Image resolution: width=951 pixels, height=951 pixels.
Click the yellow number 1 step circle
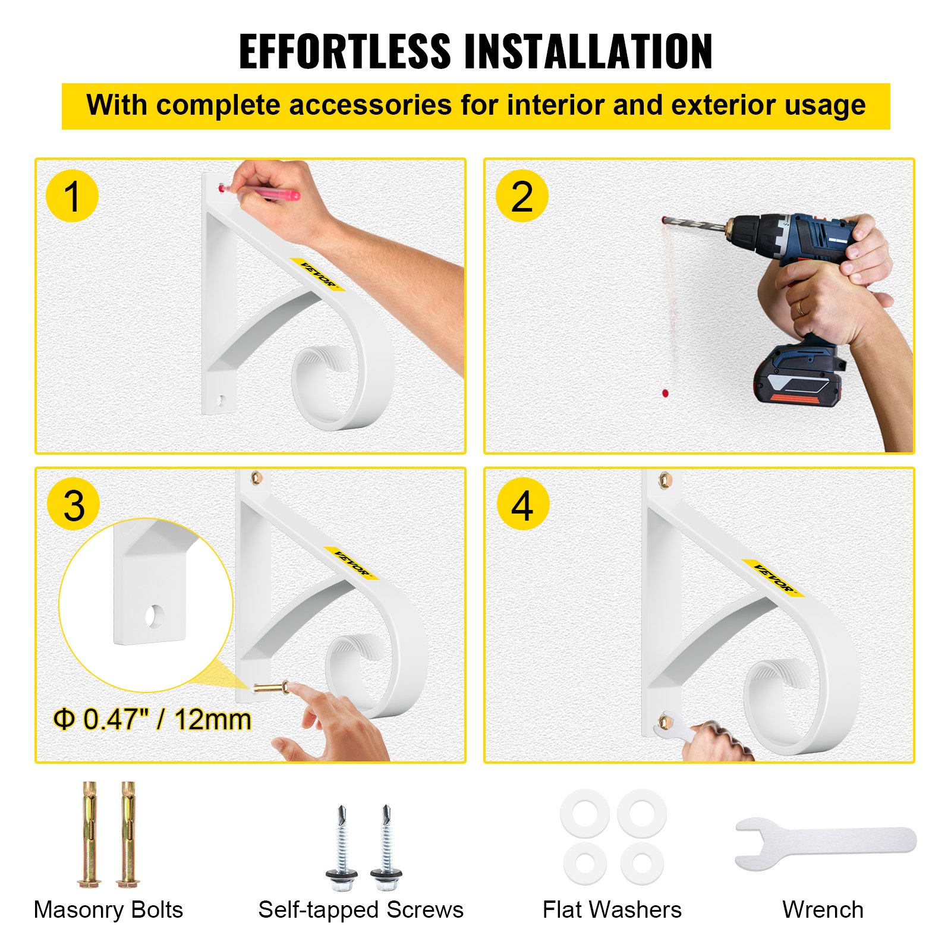[x=72, y=196]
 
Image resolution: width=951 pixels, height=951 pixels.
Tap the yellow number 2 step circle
[x=522, y=196]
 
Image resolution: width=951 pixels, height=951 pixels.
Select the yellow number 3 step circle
[x=74, y=505]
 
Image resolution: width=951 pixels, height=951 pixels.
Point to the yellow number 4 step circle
[x=523, y=505]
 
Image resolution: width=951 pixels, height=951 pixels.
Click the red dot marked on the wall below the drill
[x=665, y=393]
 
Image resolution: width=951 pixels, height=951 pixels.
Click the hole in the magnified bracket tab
[x=155, y=616]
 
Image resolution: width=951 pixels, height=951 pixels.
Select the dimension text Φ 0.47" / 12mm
[x=152, y=719]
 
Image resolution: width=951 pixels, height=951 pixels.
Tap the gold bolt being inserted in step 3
[x=271, y=688]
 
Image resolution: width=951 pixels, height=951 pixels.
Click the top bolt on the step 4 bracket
[x=664, y=479]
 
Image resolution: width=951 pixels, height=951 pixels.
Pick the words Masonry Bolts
[x=108, y=910]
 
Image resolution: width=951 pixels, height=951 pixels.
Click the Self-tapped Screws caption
[x=361, y=910]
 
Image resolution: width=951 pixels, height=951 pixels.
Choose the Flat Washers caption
[x=612, y=910]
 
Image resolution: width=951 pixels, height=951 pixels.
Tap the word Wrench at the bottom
[x=823, y=910]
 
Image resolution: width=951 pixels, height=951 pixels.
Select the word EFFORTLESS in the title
[x=345, y=52]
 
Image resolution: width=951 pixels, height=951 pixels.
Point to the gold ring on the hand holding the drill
[x=800, y=307]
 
